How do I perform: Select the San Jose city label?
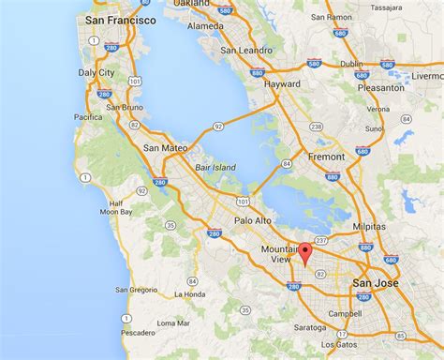[x=374, y=282]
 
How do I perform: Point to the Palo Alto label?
[x=253, y=221]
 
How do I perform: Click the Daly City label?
[x=96, y=71]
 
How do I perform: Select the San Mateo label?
[x=165, y=148]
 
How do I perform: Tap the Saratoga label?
[x=309, y=328]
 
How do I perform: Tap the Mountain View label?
[x=280, y=255]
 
